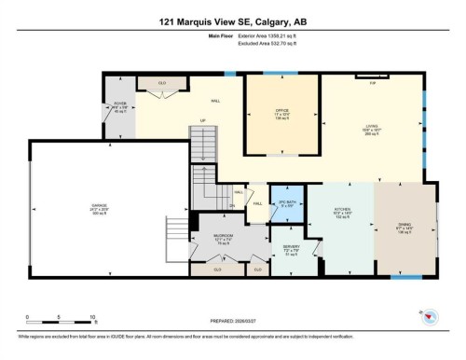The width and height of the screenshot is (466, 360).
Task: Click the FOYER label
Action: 118,105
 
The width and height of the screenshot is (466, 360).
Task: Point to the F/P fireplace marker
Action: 372,84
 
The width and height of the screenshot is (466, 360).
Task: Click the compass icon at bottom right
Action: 428,316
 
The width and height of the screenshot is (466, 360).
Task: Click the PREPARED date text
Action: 233,325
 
